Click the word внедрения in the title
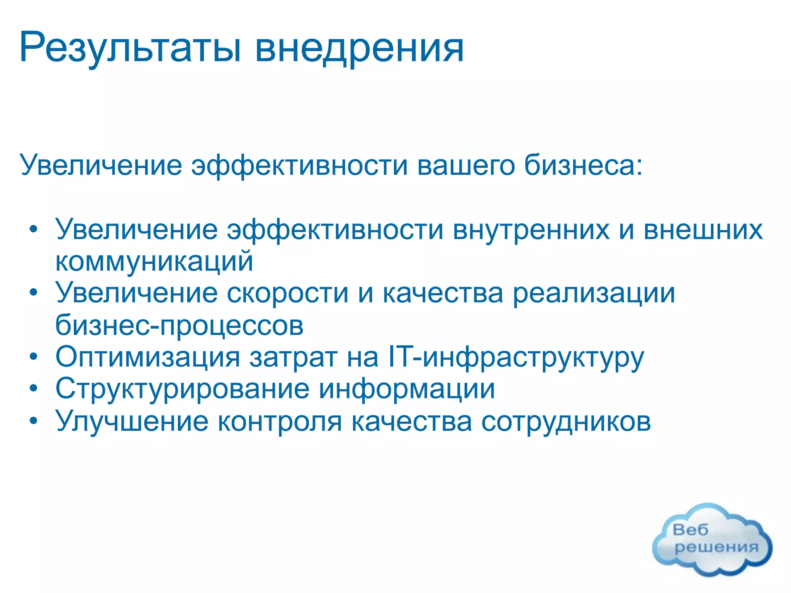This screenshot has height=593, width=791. coord(359,48)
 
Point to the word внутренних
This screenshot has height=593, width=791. coord(531,230)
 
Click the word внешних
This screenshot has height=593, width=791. coord(703,230)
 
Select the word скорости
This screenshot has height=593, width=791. coord(288,293)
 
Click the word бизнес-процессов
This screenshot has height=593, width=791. coord(179,326)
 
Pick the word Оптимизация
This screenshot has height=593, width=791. coord(148,357)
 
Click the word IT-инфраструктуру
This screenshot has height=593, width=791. coord(516,357)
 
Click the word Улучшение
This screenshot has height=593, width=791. coord(132,422)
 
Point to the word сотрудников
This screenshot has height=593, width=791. coord(566,422)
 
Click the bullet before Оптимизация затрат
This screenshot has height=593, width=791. coord(34,357)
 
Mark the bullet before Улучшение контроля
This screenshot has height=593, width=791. coord(34,421)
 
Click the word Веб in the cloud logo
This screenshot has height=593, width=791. coord(691,530)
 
